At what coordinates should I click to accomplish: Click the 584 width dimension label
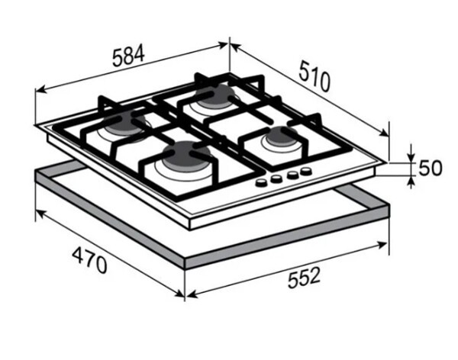(128, 56)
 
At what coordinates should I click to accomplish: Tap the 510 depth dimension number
(314, 76)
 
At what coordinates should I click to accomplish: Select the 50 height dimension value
(431, 168)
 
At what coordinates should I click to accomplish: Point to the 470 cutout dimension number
(89, 260)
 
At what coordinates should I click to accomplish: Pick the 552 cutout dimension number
(304, 278)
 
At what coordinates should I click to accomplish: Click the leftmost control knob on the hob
(261, 182)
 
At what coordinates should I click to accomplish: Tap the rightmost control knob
(305, 171)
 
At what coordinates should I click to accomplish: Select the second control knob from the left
(276, 178)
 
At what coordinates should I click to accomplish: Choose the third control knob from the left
(292, 175)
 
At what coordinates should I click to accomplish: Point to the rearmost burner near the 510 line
(214, 94)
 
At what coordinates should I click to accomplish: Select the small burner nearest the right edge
(282, 136)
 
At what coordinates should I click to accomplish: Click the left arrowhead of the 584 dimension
(40, 89)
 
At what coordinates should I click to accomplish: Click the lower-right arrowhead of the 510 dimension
(384, 133)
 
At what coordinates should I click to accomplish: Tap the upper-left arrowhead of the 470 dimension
(40, 213)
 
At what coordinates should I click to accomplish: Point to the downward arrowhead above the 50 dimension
(411, 157)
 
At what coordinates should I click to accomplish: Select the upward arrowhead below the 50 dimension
(411, 181)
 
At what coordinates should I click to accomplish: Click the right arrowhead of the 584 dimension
(223, 45)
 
